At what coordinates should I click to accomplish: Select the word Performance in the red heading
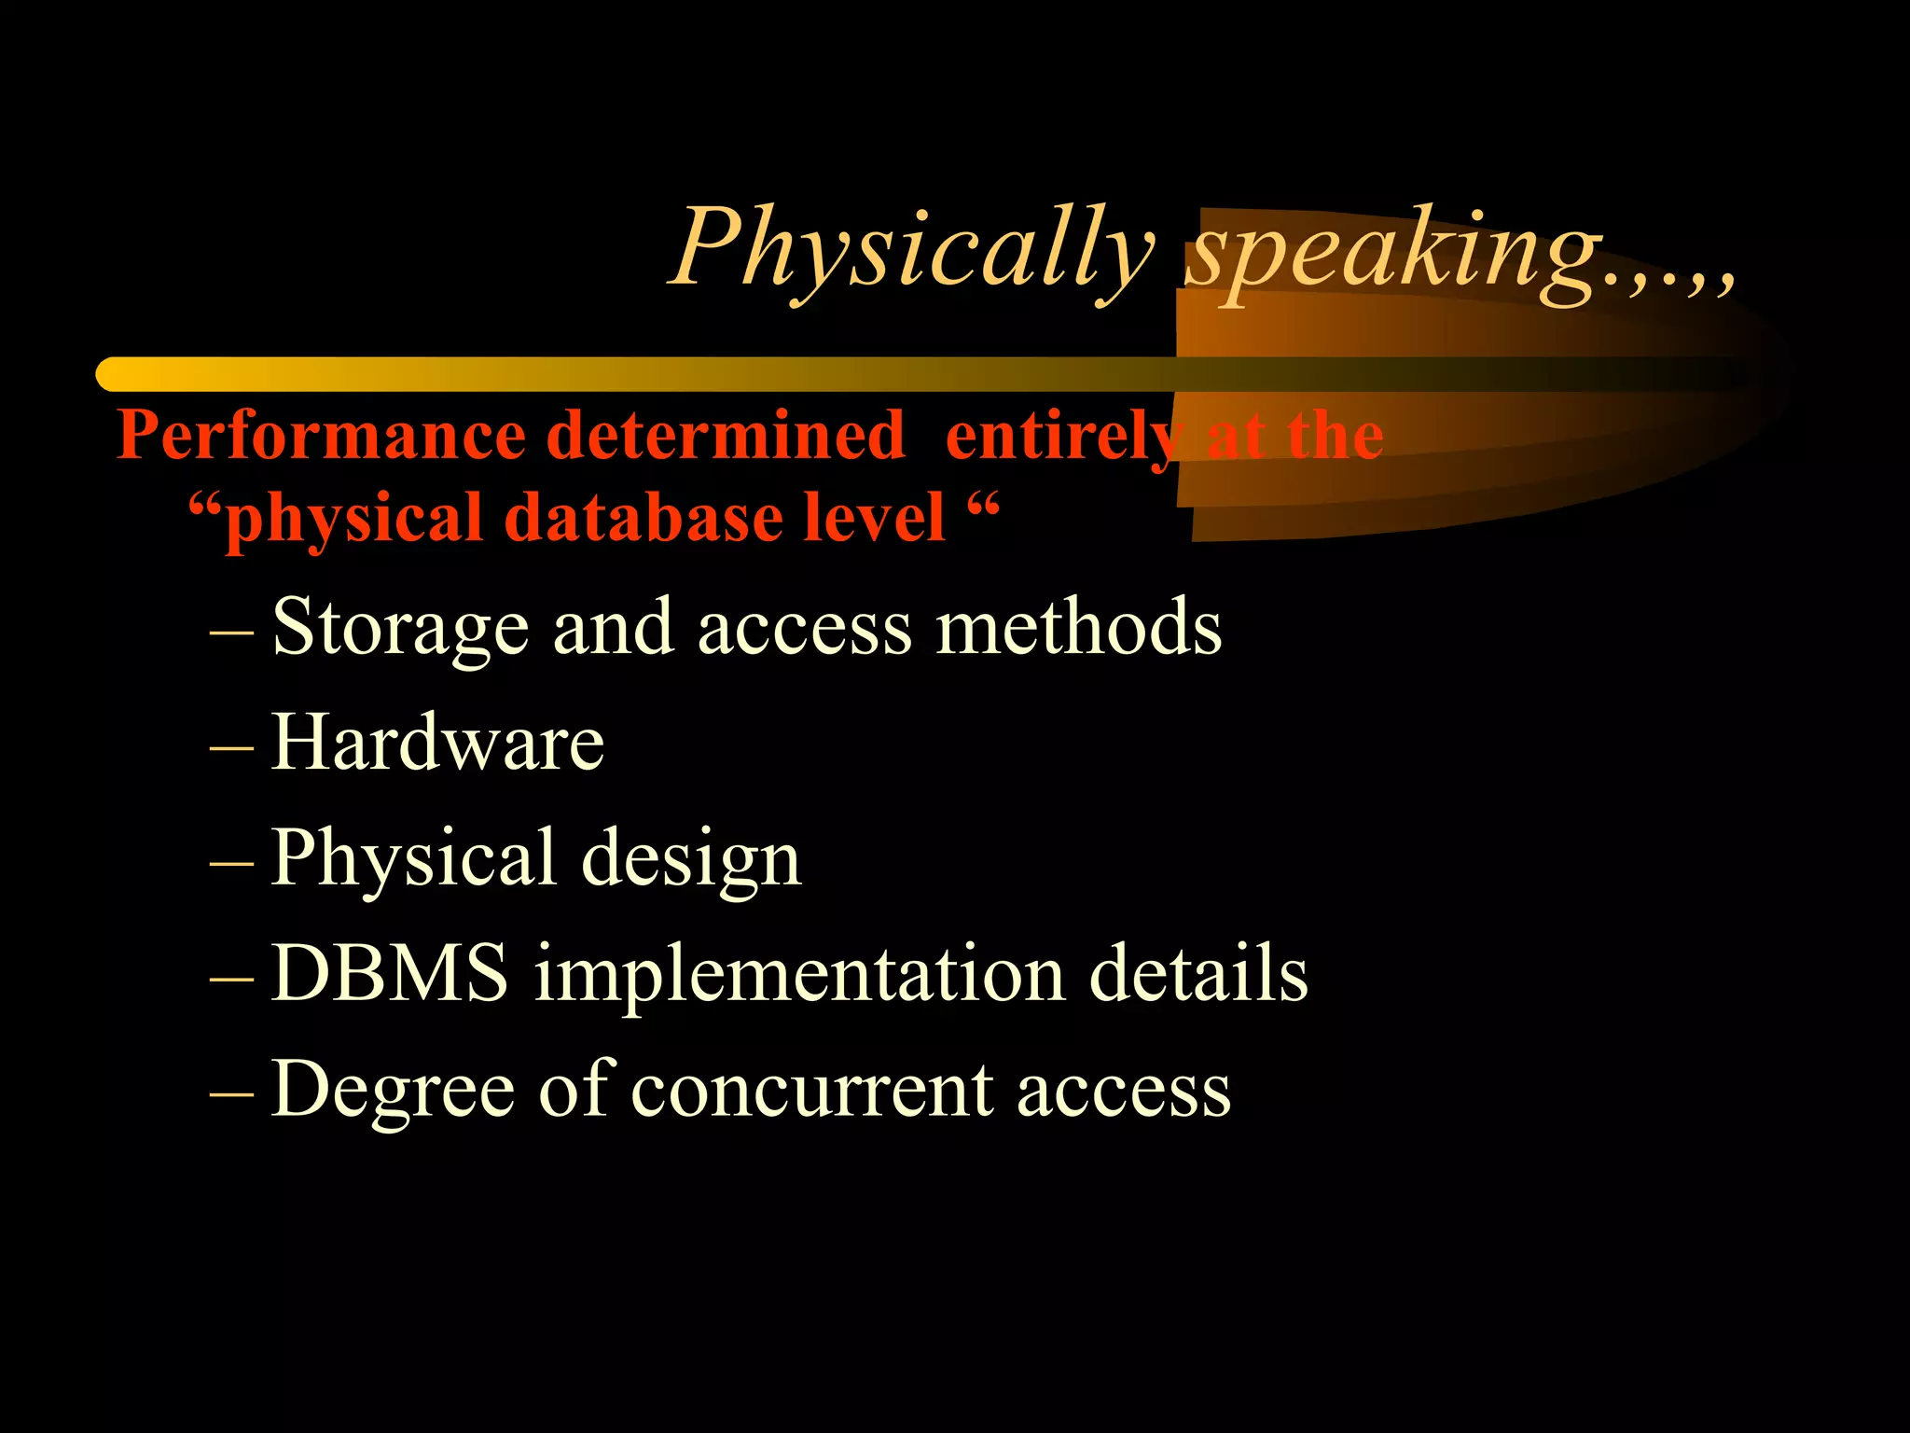[322, 437]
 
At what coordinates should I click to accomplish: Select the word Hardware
[437, 743]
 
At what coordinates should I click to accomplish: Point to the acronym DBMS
[390, 974]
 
